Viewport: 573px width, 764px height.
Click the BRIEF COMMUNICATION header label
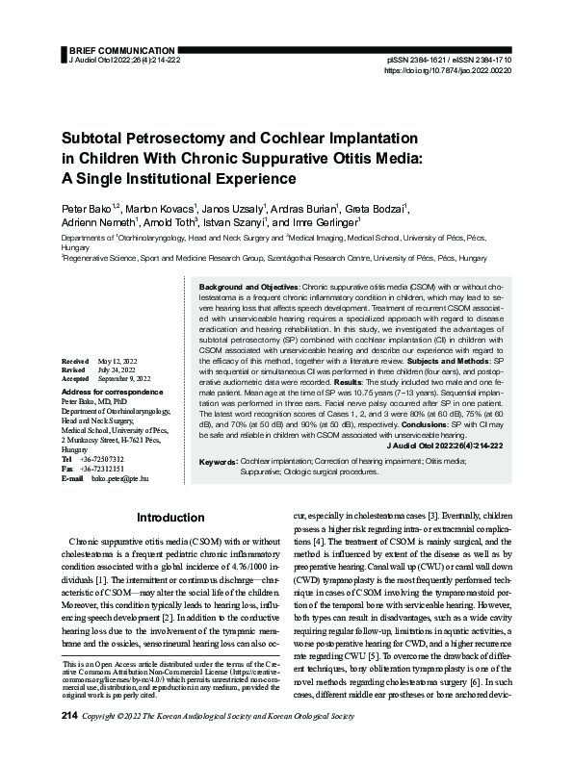(114, 47)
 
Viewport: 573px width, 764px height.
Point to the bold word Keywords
(218, 463)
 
